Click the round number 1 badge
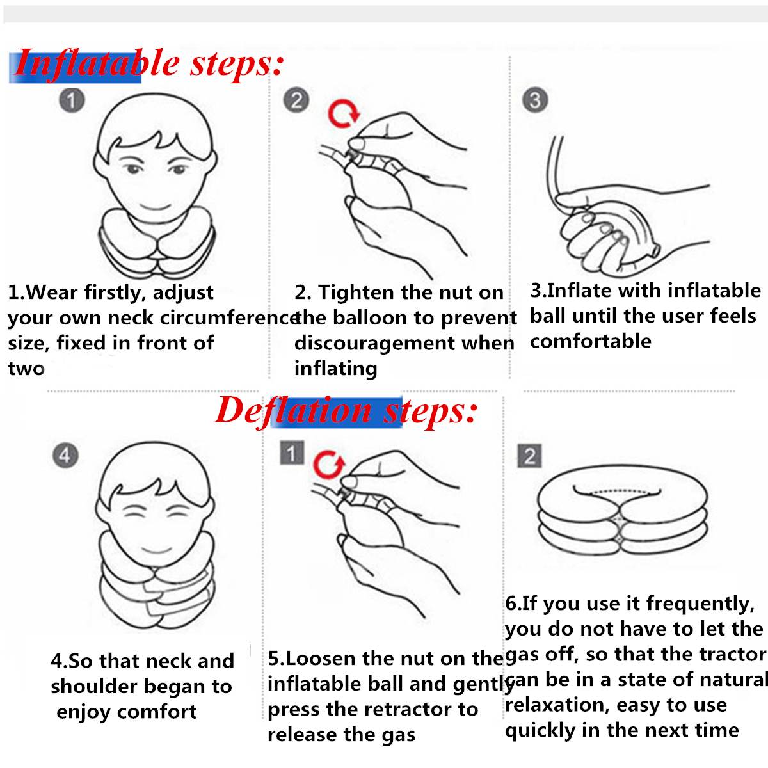click(72, 100)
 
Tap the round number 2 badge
click(296, 100)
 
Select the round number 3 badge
click(535, 100)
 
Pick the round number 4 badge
click(65, 456)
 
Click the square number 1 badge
click(292, 452)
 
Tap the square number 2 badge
click(529, 456)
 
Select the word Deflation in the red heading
click(294, 412)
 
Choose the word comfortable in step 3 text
click(590, 342)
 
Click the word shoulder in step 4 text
click(93, 687)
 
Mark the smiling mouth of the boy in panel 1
click(156, 207)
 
